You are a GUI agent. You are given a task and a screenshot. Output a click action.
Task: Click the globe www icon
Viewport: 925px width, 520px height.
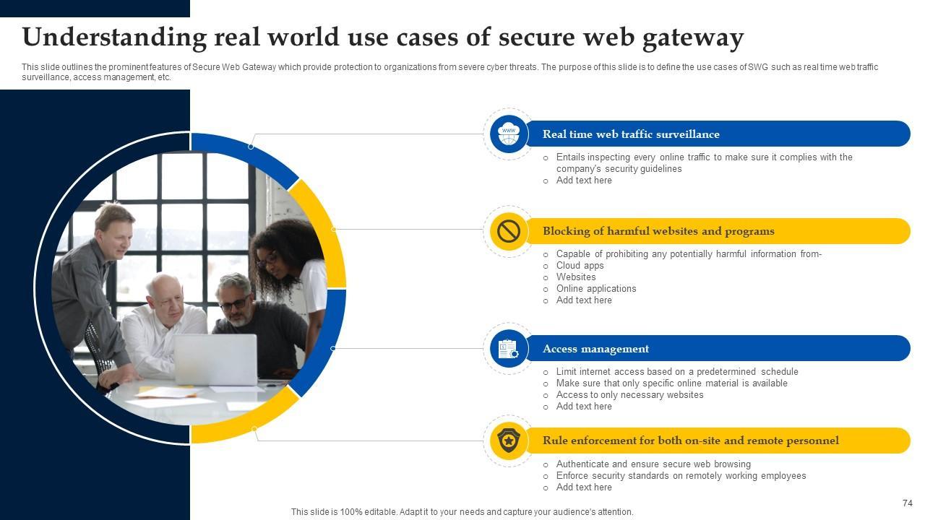509,134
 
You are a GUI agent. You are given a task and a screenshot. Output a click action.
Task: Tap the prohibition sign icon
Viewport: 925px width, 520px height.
509,231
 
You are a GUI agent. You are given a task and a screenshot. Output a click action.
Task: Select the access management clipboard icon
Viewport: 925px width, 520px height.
509,349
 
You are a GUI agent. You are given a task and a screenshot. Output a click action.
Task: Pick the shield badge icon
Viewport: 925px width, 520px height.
509,441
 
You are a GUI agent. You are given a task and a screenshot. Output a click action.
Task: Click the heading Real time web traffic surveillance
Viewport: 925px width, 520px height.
631,134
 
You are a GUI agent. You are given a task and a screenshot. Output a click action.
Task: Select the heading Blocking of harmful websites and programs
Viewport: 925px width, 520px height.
658,231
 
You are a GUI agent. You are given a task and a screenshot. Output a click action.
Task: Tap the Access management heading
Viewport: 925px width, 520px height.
595,349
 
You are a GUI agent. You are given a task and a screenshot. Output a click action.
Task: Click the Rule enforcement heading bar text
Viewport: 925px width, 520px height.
690,441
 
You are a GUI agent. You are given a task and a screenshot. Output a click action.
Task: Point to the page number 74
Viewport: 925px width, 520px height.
908,503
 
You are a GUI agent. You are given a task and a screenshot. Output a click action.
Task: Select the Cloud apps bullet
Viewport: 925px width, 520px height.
580,266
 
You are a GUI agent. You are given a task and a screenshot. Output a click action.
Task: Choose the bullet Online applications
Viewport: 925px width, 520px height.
596,289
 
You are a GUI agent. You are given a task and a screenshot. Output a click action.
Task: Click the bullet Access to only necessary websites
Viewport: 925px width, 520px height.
629,395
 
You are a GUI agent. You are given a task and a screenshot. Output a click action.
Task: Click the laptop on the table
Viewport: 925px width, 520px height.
215,359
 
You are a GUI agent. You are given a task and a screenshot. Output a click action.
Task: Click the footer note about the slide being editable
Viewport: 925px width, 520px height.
462,512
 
